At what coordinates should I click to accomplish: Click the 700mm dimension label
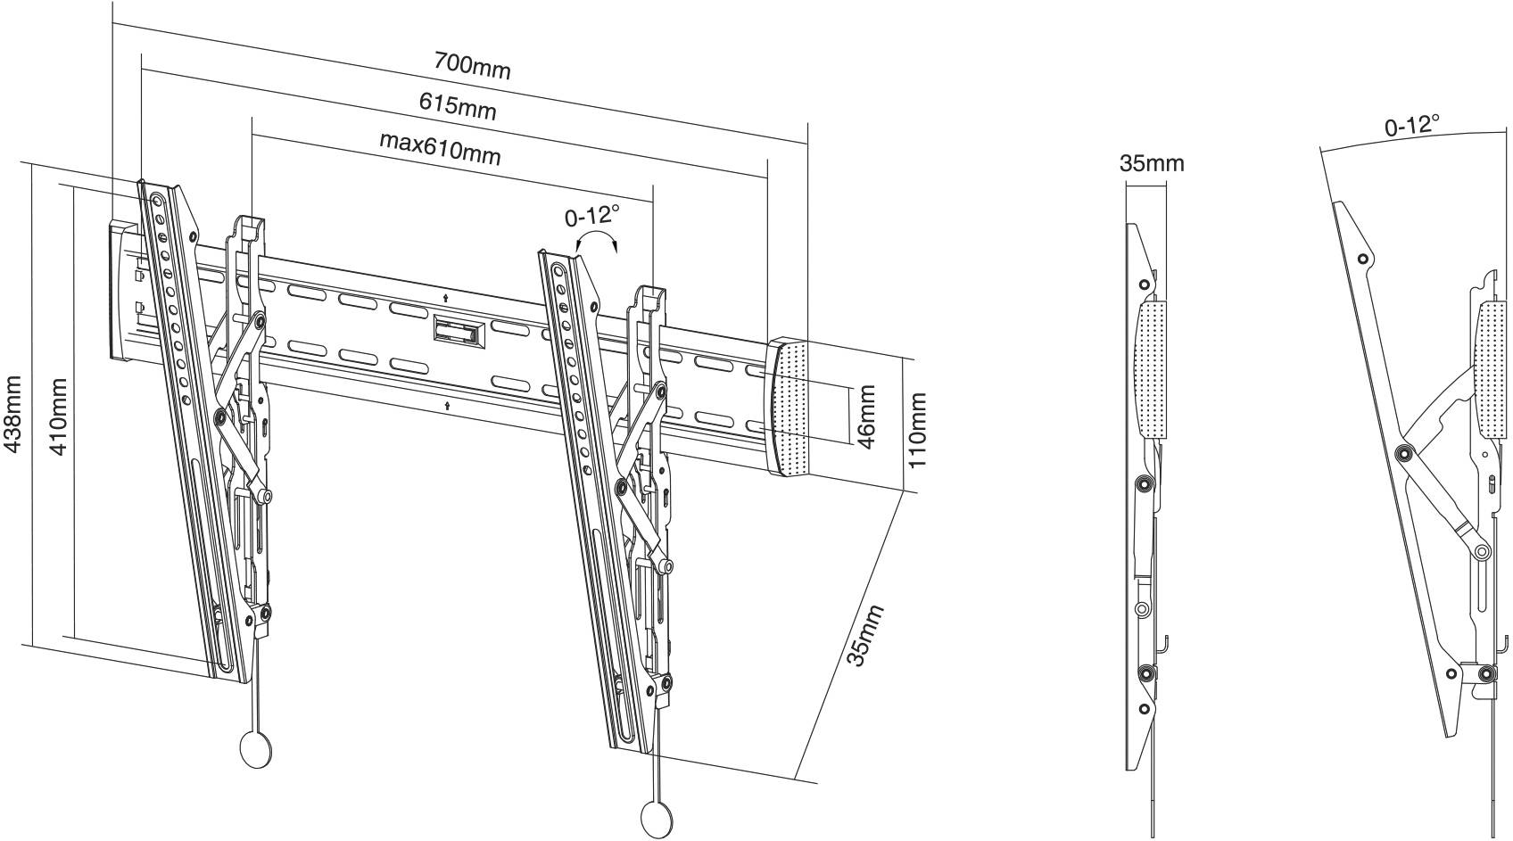pyautogui.click(x=472, y=65)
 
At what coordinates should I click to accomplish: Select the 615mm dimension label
pyautogui.click(x=458, y=106)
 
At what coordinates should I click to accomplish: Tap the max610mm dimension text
pyautogui.click(x=440, y=148)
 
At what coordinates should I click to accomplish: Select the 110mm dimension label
pyautogui.click(x=918, y=430)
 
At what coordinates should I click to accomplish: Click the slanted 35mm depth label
pyautogui.click(x=864, y=635)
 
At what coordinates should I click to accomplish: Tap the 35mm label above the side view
pyautogui.click(x=1152, y=163)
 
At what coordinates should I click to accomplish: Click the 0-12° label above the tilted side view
pyautogui.click(x=1411, y=126)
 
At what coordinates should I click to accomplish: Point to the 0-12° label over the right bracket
pyautogui.click(x=592, y=215)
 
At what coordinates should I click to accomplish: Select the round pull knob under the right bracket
pyautogui.click(x=659, y=815)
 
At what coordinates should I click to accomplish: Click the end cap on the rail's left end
pyautogui.click(x=123, y=291)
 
